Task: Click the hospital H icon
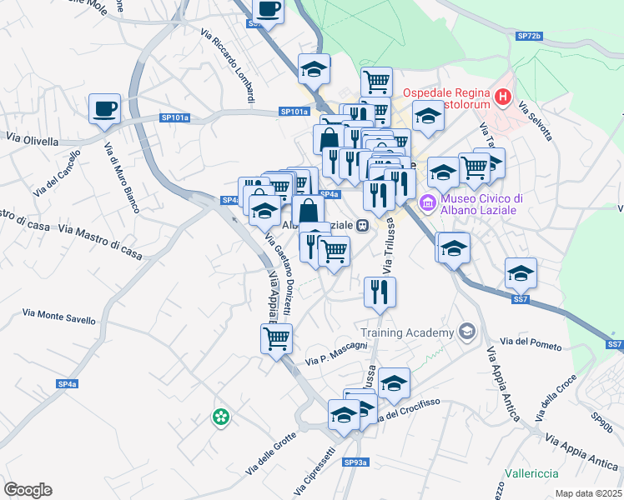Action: click(x=502, y=97)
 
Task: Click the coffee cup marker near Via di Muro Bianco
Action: click(x=105, y=108)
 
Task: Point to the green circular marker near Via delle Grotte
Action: click(x=221, y=416)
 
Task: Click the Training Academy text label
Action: click(x=406, y=332)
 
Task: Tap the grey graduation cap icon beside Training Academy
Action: click(x=466, y=332)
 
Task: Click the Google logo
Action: click(x=28, y=489)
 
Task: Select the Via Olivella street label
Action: click(x=32, y=141)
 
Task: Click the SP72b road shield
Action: click(x=529, y=37)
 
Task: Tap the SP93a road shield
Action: click(x=356, y=462)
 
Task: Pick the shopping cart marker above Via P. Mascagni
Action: click(x=276, y=338)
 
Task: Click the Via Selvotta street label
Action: click(x=535, y=121)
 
